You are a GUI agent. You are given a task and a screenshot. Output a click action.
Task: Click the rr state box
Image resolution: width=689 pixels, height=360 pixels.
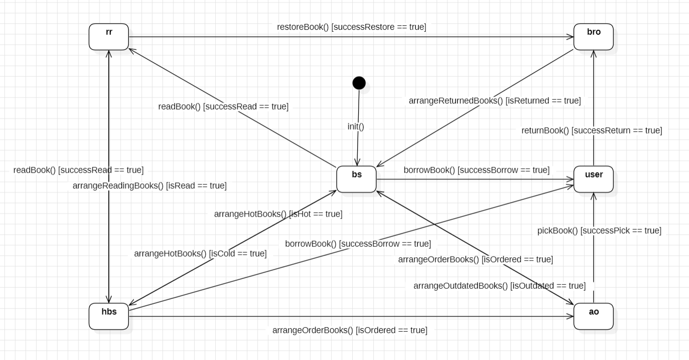pyautogui.click(x=108, y=37)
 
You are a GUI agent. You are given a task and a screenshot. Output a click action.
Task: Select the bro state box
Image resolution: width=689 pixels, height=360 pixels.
pyautogui.click(x=593, y=37)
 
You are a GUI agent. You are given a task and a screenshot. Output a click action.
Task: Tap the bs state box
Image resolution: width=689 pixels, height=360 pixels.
pyautogui.click(x=356, y=179)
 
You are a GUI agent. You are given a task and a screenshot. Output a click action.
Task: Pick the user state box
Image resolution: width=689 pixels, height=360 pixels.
pyautogui.click(x=593, y=179)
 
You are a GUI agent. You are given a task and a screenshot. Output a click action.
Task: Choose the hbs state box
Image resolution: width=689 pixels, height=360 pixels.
pyautogui.click(x=108, y=316)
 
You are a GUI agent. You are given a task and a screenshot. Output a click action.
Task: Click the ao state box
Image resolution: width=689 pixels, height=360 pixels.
pyautogui.click(x=593, y=316)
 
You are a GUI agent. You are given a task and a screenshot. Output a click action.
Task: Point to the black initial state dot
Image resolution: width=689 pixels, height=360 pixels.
pyautogui.click(x=359, y=83)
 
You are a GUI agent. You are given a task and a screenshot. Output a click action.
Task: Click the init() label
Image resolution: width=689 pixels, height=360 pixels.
pyautogui.click(x=356, y=126)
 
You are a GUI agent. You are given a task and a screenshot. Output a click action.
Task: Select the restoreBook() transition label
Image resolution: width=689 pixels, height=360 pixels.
pyautogui.click(x=351, y=27)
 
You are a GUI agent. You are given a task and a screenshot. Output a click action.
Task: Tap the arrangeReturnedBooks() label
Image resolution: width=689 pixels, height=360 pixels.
pyautogui.click(x=494, y=101)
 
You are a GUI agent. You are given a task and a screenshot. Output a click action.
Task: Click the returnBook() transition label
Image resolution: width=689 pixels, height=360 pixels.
pyautogui.click(x=591, y=130)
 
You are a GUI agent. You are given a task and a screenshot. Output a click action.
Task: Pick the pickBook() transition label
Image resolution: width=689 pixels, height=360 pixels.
pyautogui.click(x=599, y=231)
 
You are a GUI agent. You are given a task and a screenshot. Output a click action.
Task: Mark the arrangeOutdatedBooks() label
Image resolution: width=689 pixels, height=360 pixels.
pyautogui.click(x=499, y=286)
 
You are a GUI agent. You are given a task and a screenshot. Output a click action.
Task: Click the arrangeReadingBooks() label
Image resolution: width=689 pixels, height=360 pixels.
pyautogui.click(x=149, y=185)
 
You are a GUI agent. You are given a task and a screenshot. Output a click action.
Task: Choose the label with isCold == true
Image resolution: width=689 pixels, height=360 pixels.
pyautogui.click(x=200, y=254)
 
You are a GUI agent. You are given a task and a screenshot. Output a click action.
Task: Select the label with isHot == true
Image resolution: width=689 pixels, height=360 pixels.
pyautogui.click(x=278, y=214)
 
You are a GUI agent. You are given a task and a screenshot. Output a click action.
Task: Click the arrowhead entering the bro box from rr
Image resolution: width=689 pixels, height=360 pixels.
pyautogui.click(x=570, y=37)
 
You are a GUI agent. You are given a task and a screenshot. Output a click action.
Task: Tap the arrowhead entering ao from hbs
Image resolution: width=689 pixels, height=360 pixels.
pyautogui.click(x=570, y=316)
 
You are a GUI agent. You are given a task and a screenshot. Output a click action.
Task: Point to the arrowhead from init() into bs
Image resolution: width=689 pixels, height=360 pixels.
pyautogui.click(x=357, y=162)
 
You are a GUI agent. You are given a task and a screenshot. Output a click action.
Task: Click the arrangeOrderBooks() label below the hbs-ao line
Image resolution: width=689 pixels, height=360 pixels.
pyautogui.click(x=349, y=330)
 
